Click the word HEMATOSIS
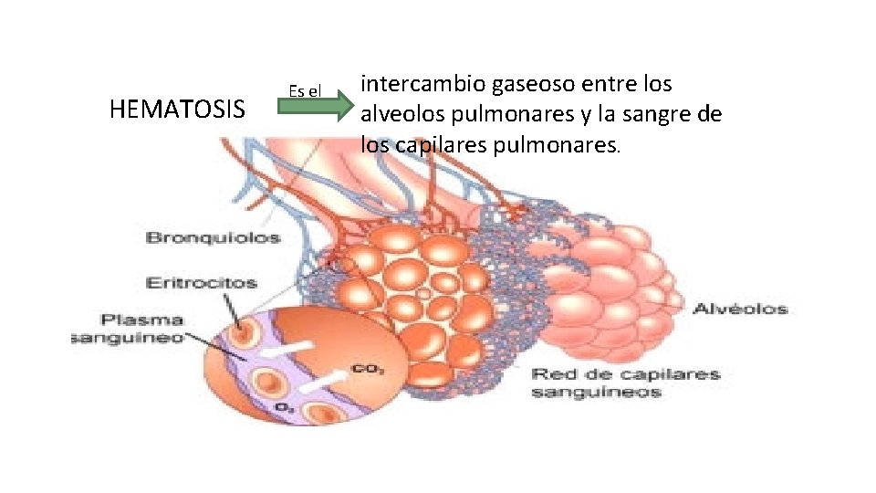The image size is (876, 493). tap(177, 110)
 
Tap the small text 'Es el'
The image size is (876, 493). tap(305, 90)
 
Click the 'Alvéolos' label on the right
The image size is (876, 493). tap(740, 309)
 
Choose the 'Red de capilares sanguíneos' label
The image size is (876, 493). tap(625, 383)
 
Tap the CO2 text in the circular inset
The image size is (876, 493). tap(361, 371)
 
